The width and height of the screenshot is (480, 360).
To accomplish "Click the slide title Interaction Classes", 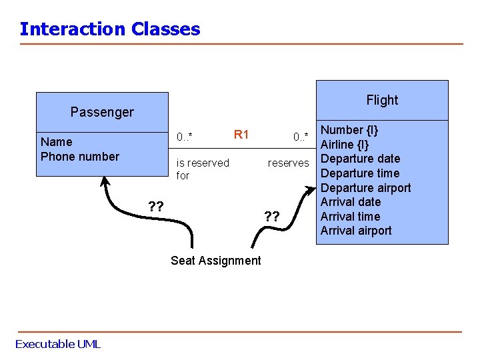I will (x=110, y=29).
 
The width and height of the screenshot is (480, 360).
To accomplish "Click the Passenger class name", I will (x=102, y=112).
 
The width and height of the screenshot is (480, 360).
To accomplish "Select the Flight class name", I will (x=382, y=100).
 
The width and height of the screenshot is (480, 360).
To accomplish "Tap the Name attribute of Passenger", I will (x=56, y=141).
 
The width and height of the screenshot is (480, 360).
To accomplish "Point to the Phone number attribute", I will (x=80, y=157).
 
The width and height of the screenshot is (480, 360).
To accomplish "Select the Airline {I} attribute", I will (x=345, y=145).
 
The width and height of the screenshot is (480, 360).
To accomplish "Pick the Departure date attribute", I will (x=360, y=159).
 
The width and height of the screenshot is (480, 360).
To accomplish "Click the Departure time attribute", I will (x=360, y=173).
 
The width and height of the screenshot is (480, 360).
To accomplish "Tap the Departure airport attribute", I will (x=365, y=188).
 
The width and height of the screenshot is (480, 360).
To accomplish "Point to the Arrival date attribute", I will (x=351, y=202).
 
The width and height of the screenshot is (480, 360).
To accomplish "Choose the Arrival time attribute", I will (x=350, y=217).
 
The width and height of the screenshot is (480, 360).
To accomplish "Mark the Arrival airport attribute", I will (x=356, y=231).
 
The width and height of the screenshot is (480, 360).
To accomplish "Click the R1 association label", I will (x=241, y=135).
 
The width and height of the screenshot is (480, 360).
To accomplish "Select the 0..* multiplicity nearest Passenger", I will (x=185, y=137).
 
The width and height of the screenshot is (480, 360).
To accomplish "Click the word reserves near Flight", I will (x=288, y=163).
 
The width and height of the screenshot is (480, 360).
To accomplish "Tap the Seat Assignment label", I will (x=216, y=261).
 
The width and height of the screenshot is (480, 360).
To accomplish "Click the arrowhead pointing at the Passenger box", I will (x=105, y=181).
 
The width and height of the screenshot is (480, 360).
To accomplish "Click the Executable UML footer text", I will (x=57, y=344).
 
